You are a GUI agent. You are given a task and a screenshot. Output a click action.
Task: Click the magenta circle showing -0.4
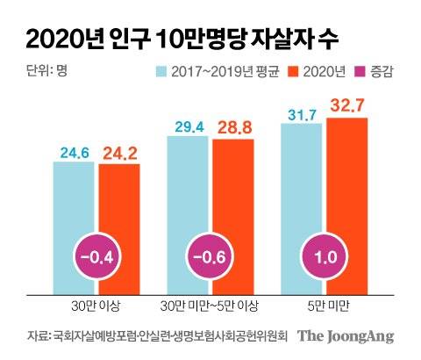96,258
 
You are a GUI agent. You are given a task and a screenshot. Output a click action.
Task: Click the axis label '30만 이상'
96,307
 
